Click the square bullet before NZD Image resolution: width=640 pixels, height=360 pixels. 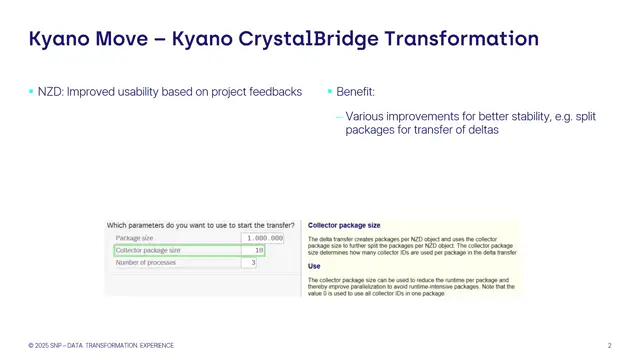click(31, 92)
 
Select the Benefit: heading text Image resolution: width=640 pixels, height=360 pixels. click(358, 92)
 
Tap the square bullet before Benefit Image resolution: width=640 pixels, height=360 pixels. click(330, 92)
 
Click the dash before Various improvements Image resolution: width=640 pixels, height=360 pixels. click(339, 117)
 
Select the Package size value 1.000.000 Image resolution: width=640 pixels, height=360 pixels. click(265, 238)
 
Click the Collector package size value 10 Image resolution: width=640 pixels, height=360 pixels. click(258, 250)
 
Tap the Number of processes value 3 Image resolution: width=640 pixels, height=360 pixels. click(253, 262)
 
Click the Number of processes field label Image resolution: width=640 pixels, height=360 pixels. click(146, 262)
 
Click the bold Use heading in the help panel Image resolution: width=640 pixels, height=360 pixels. click(314, 266)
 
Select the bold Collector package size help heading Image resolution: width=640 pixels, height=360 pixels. click(344, 226)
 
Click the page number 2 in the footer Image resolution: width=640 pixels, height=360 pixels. click(609, 345)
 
